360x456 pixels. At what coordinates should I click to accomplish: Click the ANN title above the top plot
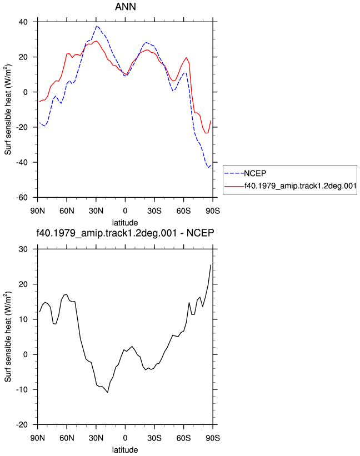pyautogui.click(x=126, y=7)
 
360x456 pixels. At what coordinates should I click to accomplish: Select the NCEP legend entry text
pyautogui.click(x=255, y=173)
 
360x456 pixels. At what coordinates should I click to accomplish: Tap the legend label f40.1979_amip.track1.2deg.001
pyautogui.click(x=301, y=186)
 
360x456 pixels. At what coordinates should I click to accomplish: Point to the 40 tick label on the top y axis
pyautogui.click(x=23, y=22)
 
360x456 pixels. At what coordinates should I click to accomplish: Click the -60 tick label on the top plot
pyautogui.click(x=22, y=198)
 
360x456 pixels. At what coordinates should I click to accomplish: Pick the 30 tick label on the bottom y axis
pyautogui.click(x=23, y=249)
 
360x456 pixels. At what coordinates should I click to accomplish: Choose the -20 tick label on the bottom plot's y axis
pyautogui.click(x=22, y=425)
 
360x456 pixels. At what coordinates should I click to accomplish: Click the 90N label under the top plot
pyautogui.click(x=38, y=211)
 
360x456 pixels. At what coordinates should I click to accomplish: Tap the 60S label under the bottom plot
pyautogui.click(x=183, y=438)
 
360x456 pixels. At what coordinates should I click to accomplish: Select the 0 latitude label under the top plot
pyautogui.click(x=125, y=211)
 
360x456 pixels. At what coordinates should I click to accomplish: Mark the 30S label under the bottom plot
pyautogui.click(x=154, y=438)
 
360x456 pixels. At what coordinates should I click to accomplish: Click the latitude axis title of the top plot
pyautogui.click(x=125, y=223)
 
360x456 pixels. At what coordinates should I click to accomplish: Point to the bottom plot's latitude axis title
pyautogui.click(x=125, y=450)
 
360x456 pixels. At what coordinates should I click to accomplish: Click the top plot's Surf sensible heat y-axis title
pyautogui.click(x=8, y=109)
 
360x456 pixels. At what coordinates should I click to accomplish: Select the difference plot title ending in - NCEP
pyautogui.click(x=125, y=233)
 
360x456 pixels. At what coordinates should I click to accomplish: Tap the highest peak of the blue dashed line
pyautogui.click(x=97, y=26)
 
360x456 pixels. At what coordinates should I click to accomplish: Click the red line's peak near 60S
pyautogui.click(x=187, y=58)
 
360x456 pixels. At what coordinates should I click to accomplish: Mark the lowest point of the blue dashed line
pyautogui.click(x=208, y=168)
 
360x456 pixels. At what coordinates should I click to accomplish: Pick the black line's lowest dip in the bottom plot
pyautogui.click(x=108, y=393)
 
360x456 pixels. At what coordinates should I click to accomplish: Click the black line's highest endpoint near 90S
pyautogui.click(x=211, y=264)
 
